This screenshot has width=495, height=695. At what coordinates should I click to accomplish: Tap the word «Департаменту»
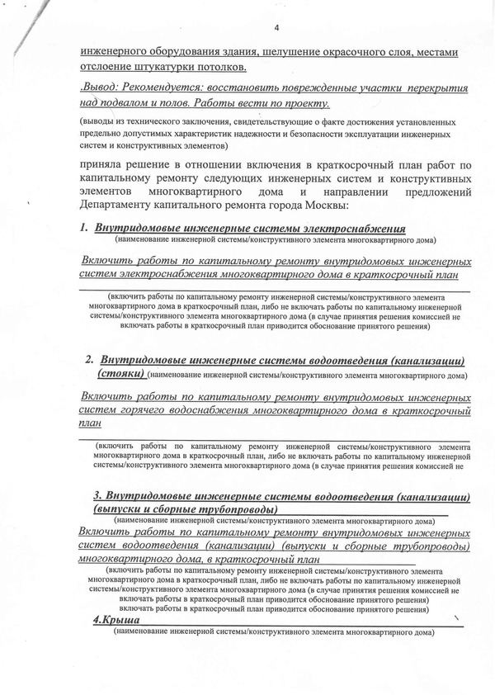122,204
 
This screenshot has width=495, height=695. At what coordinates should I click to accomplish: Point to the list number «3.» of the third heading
98,496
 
